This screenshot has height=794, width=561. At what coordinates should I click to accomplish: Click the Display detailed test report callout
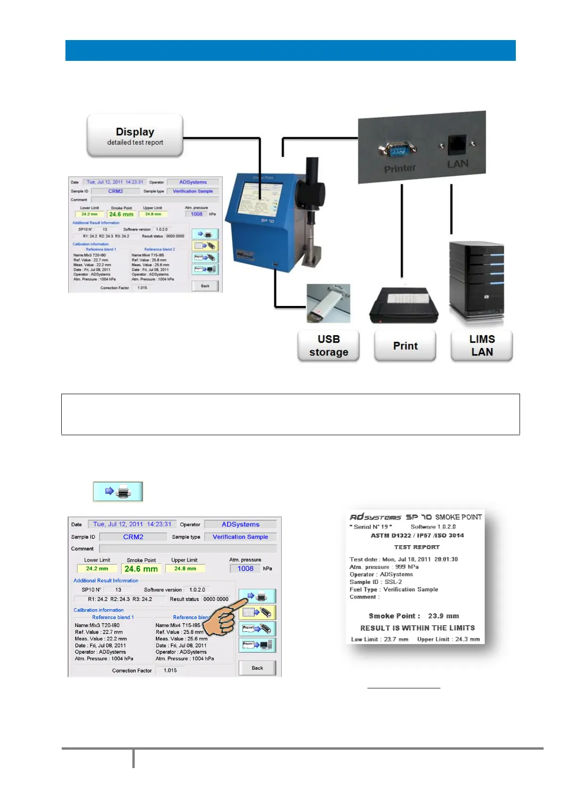(x=135, y=136)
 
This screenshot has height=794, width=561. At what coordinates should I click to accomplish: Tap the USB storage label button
(x=328, y=346)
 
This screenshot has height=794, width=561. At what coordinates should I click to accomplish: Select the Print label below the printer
(x=405, y=346)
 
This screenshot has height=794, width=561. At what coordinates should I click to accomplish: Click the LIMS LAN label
(x=481, y=346)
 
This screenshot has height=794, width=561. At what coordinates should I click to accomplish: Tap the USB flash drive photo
(x=328, y=303)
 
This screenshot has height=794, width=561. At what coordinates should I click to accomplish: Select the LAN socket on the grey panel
(x=457, y=145)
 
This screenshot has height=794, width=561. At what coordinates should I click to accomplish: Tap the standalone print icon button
(x=118, y=491)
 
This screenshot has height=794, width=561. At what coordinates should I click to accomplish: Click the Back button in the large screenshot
(x=257, y=668)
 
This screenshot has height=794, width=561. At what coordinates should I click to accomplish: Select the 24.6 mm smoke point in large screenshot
(x=141, y=569)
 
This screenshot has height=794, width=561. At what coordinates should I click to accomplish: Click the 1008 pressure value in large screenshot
(x=245, y=569)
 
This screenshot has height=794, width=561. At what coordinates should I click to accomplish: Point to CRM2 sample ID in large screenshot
(x=133, y=537)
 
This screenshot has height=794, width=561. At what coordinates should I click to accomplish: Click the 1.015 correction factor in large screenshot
(x=171, y=670)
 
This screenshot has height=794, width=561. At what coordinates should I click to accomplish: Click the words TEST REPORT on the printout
(x=417, y=547)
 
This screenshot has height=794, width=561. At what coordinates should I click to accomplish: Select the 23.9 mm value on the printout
(x=443, y=616)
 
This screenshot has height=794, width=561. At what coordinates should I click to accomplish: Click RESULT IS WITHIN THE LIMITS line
(x=417, y=628)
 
